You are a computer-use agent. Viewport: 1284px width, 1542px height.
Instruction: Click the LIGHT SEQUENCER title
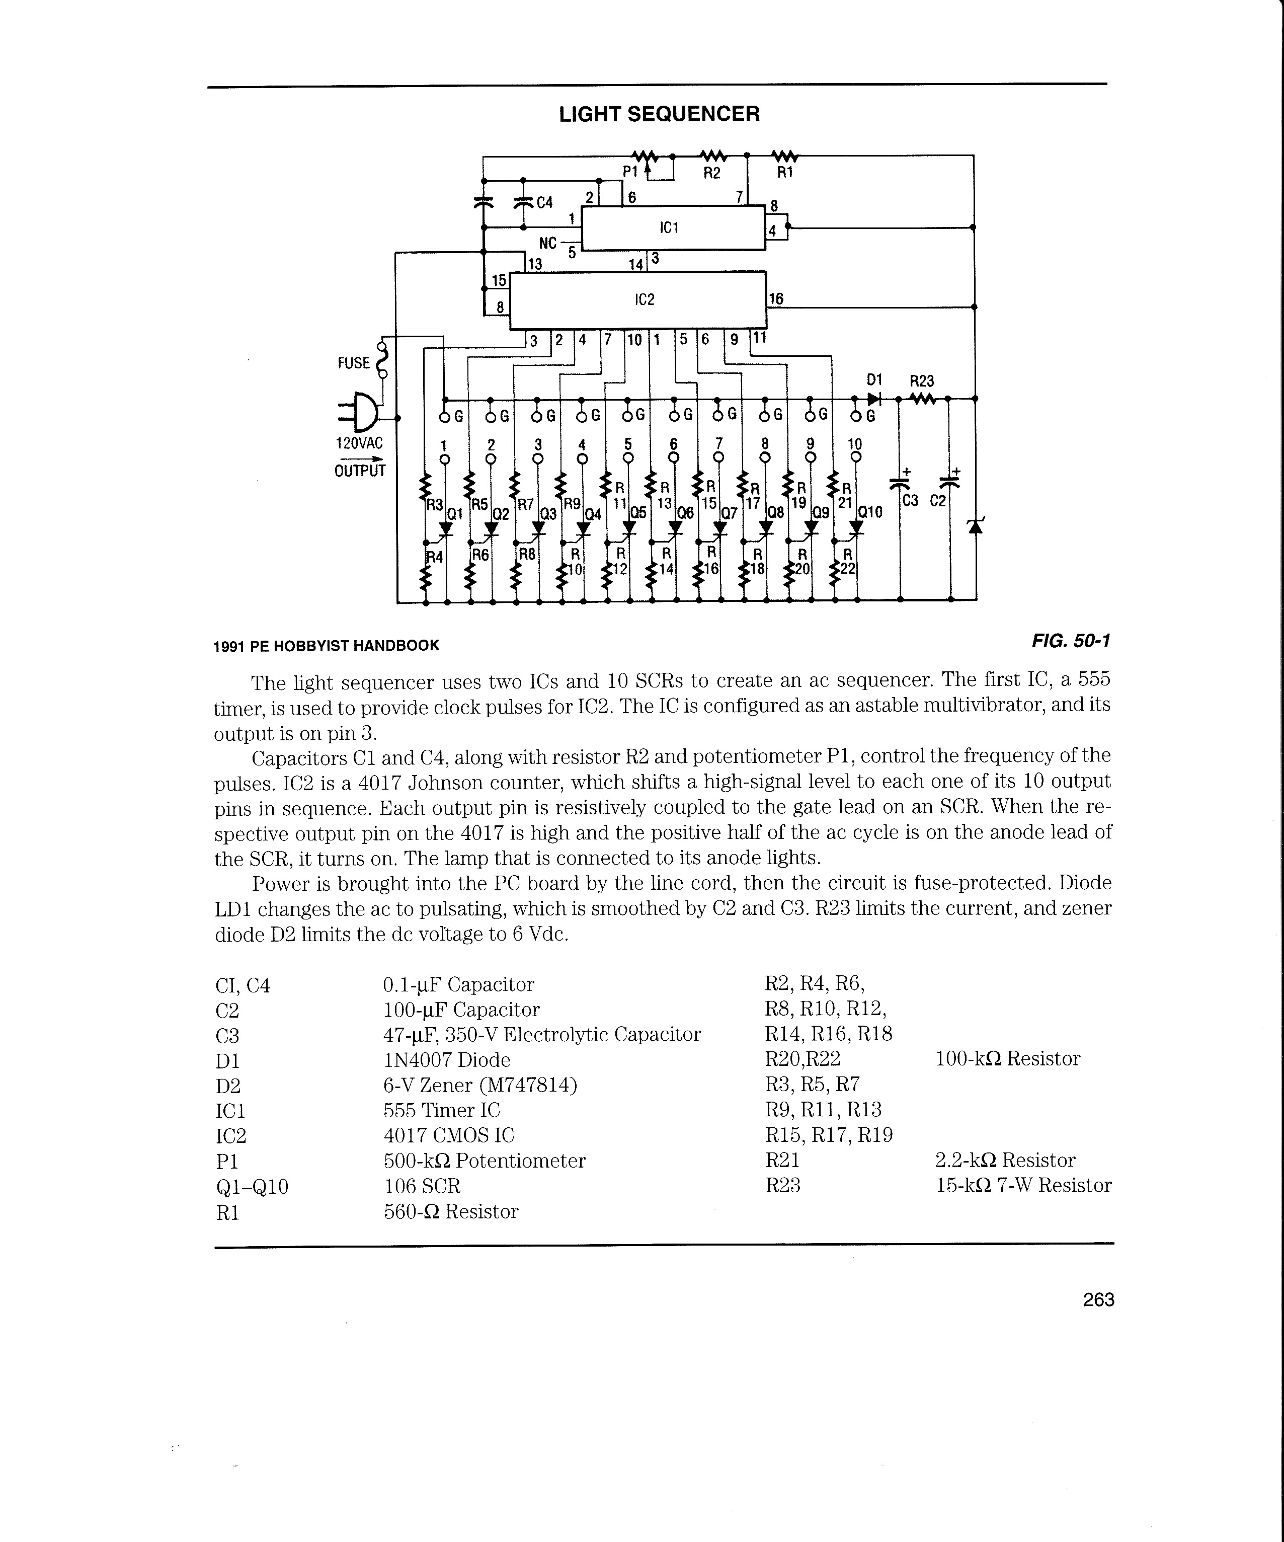coord(659,115)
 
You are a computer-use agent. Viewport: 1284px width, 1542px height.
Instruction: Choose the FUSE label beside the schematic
coord(353,363)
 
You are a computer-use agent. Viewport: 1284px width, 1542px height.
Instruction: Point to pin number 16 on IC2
coord(776,299)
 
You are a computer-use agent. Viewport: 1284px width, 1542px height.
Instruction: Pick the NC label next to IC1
coord(548,242)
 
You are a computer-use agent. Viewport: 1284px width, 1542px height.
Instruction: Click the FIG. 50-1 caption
coord(1070,641)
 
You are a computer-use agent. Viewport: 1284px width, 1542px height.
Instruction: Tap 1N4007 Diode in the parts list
coord(446,1059)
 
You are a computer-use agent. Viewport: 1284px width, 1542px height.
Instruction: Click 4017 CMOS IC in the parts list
coord(449,1135)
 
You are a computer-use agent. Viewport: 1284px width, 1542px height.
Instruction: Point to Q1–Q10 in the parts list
coord(252,1186)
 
